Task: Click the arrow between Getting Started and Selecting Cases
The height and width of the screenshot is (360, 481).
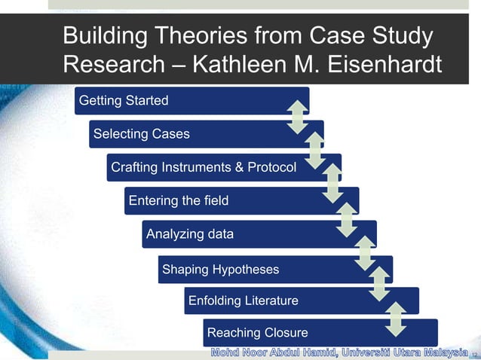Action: coord(298,117)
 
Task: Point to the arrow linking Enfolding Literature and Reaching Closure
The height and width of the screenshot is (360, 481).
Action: coord(396,319)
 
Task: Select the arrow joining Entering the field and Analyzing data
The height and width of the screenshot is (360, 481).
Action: coord(347,218)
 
